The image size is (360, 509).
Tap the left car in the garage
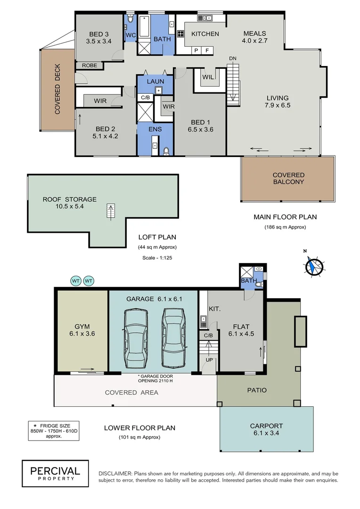pos(135,338)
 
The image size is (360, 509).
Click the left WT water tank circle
pos(75,281)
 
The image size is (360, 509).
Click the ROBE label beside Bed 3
pos(90,66)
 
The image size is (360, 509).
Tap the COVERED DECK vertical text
pos(57,92)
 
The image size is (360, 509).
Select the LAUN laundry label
pos(155,81)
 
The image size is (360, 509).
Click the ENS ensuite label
pos(155,129)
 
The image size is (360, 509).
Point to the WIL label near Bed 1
pos(209,77)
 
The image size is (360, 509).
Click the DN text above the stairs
pos(233,58)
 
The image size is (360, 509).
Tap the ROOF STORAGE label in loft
pos(70,203)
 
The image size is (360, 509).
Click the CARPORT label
pos(266,430)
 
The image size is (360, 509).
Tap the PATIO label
pos(257,390)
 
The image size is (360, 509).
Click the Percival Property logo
pos(55,473)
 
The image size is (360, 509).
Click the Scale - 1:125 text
pos(157,258)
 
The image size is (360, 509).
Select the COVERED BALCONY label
pos(288,178)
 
